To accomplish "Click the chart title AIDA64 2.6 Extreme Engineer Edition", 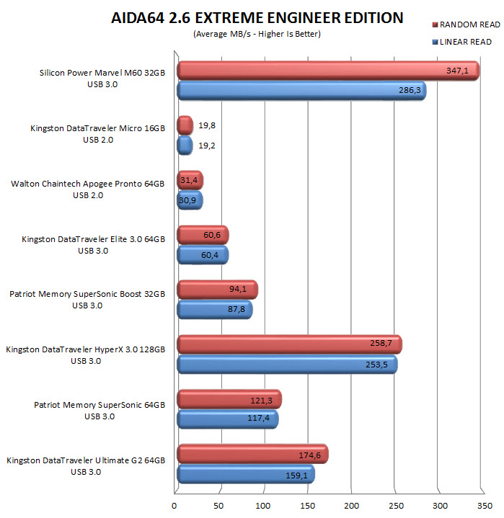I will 257,17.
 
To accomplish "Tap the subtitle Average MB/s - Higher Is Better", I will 257,34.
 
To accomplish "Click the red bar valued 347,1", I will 327,71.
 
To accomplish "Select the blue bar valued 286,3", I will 301,91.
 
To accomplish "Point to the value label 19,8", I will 207,125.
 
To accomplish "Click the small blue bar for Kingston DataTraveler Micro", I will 185,146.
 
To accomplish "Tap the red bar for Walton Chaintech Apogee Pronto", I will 190,180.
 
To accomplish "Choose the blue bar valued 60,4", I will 203,254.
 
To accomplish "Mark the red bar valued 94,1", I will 216,290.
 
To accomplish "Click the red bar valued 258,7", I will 288,344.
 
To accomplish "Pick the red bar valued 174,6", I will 252,454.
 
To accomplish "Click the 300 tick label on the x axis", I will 440,505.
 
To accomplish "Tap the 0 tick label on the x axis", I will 175,505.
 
